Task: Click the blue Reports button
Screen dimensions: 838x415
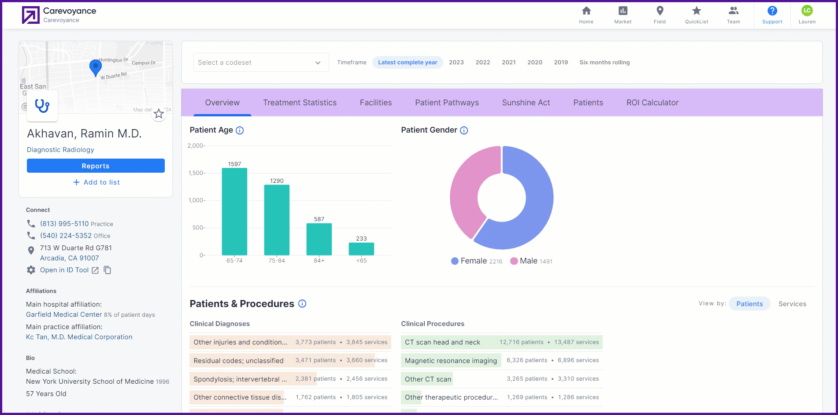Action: (x=96, y=166)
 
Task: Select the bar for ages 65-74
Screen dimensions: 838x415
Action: (x=234, y=211)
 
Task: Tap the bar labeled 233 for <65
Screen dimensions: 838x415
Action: (x=361, y=249)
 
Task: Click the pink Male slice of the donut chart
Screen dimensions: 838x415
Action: (x=467, y=189)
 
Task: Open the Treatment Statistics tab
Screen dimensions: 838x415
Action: (x=300, y=103)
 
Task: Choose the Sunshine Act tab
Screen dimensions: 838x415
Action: (x=526, y=103)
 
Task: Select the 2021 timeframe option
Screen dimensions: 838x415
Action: (x=509, y=63)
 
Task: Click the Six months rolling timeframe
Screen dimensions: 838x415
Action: (x=604, y=63)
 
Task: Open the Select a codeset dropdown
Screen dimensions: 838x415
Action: (x=261, y=63)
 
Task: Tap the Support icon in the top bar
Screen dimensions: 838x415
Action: (x=772, y=11)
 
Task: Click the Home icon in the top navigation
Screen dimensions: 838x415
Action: (x=586, y=11)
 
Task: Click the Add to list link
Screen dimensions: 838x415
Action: (x=96, y=182)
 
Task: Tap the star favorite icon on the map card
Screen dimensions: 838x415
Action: (x=159, y=114)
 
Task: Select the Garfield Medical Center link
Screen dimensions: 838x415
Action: (x=64, y=315)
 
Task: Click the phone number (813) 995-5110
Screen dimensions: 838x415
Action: (x=64, y=224)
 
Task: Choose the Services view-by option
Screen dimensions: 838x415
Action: (x=792, y=304)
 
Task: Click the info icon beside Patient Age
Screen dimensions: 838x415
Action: (x=240, y=130)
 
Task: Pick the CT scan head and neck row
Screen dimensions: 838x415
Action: (x=502, y=342)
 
